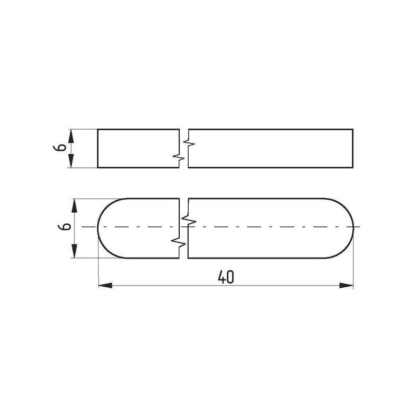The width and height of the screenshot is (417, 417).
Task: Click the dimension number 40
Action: pos(226,277)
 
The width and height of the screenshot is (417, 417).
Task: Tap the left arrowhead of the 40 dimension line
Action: pos(105,286)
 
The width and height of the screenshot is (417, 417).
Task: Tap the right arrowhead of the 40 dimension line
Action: pos(347,286)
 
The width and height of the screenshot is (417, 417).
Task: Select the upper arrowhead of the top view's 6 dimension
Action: pos(71,136)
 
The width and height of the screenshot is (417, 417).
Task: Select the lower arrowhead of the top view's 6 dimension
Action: pos(71,161)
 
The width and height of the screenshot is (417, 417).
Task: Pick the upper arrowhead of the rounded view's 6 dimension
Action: pos(75,205)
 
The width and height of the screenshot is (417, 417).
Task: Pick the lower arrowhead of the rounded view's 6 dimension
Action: pos(75,251)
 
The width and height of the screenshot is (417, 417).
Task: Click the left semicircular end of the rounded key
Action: pos(98,228)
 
